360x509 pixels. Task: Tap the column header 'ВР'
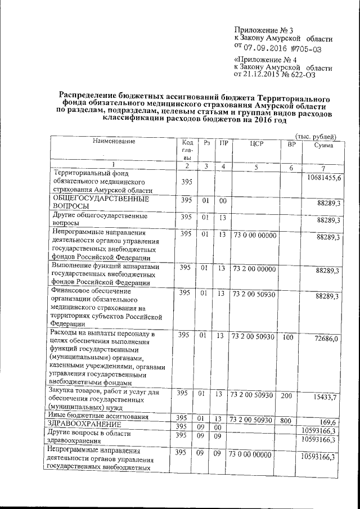(291, 145)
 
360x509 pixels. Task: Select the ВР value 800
(288, 420)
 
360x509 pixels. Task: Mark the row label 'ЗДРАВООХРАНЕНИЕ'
(84, 424)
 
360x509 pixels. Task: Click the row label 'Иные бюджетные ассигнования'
(98, 416)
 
